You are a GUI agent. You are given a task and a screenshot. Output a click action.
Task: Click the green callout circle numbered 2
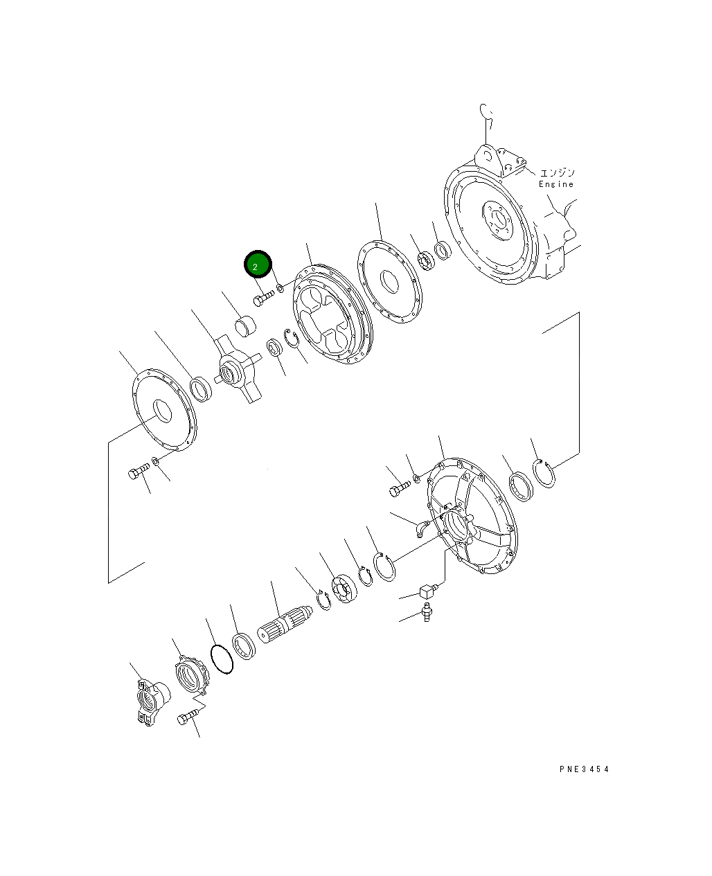(x=258, y=264)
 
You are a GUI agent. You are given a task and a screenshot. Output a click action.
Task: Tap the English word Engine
(x=556, y=184)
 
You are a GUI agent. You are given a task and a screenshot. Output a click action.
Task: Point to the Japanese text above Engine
(x=558, y=172)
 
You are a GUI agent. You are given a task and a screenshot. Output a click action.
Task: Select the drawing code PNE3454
(x=584, y=769)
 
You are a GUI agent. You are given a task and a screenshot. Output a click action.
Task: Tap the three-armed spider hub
(x=238, y=368)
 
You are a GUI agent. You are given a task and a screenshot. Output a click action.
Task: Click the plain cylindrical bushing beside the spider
(x=245, y=326)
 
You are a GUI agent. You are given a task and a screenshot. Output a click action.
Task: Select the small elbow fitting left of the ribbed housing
(x=422, y=528)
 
